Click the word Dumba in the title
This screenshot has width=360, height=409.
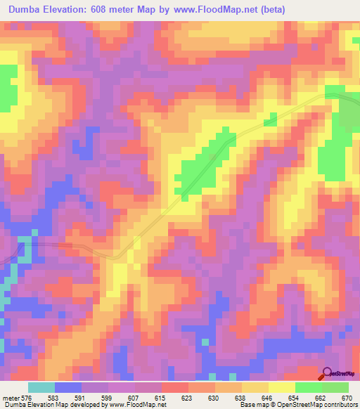pos(26,8)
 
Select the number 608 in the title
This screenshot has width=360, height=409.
pos(112,8)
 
